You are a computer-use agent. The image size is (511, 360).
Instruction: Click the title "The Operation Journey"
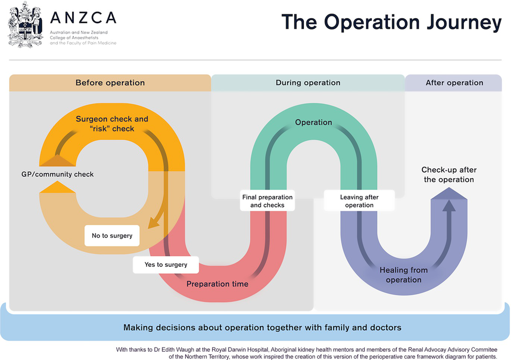391,23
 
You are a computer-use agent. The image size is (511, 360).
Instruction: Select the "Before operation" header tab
110,83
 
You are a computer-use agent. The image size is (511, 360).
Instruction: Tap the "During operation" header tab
308,83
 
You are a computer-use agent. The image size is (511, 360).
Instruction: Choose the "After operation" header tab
454,83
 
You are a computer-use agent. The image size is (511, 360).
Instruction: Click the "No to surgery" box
112,236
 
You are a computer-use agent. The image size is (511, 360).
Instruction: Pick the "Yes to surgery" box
166,264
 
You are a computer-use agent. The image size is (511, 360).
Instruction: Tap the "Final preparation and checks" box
267,201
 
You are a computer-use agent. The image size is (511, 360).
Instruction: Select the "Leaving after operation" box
359,201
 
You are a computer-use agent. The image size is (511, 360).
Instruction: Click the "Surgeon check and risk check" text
112,124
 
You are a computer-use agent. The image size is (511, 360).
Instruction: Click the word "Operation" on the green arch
314,122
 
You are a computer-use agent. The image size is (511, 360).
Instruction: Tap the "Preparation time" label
217,284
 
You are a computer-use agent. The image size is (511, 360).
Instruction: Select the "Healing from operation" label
403,275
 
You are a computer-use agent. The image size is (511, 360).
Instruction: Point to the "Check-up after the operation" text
449,175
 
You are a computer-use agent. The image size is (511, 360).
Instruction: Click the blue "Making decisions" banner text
262,328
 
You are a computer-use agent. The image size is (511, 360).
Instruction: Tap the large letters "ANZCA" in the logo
83,18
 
